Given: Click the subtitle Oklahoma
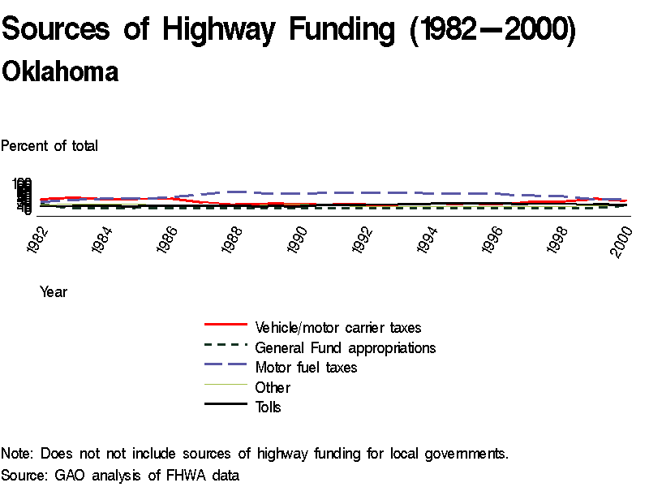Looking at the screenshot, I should [x=60, y=71].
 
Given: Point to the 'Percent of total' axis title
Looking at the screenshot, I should [x=49, y=146].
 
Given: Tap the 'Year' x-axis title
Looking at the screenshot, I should [x=54, y=292].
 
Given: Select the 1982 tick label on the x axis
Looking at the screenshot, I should [x=37, y=241].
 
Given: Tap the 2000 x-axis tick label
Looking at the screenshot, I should [x=621, y=241].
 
